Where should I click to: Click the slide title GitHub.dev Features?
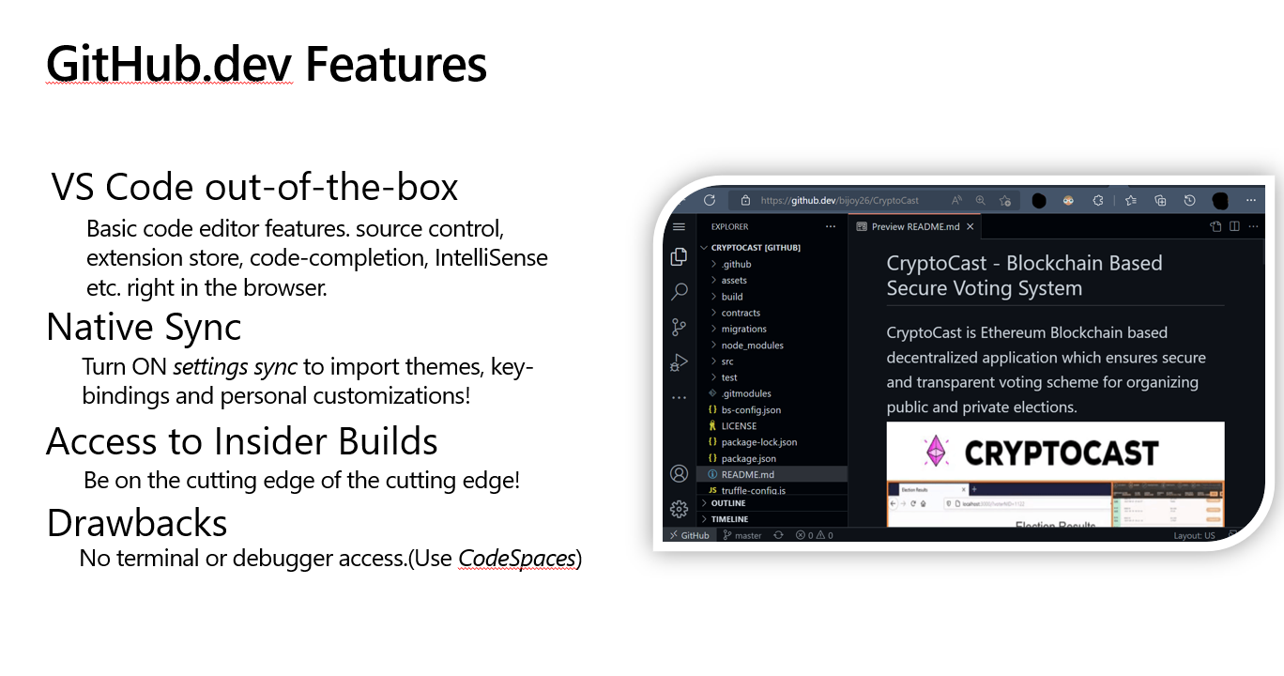[x=266, y=65]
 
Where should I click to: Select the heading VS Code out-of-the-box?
[x=254, y=188]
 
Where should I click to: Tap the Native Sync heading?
[x=144, y=327]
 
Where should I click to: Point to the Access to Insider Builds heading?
[x=242, y=441]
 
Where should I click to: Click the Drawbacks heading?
[x=137, y=522]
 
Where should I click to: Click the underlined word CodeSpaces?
[x=516, y=559]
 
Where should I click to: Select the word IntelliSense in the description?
[x=491, y=257]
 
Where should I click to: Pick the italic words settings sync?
[x=235, y=366]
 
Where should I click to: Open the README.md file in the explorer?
[x=747, y=474]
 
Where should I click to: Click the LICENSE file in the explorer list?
[x=739, y=425]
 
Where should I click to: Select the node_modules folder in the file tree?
[x=752, y=345]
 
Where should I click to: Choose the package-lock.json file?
[x=758, y=441]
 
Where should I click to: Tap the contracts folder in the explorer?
[x=741, y=313]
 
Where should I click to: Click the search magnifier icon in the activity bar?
[x=679, y=292]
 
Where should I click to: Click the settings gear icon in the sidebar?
[x=679, y=509]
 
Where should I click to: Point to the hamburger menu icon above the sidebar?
[x=679, y=226]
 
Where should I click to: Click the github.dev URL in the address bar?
[x=839, y=200]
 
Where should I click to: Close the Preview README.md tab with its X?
[x=971, y=226]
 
